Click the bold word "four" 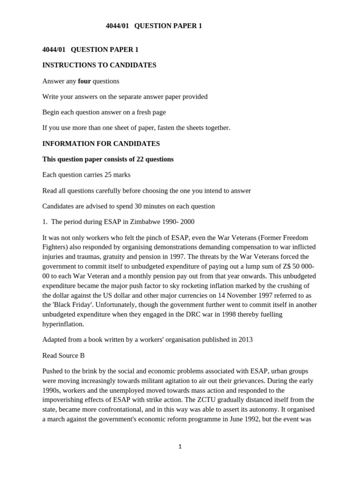[x=84, y=81]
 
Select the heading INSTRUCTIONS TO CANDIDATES [x=99, y=65]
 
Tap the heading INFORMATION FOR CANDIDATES [x=101, y=143]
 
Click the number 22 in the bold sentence [x=140, y=159]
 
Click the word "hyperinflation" [x=63, y=324]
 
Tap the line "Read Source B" [x=63, y=355]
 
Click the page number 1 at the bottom [x=180, y=447]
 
